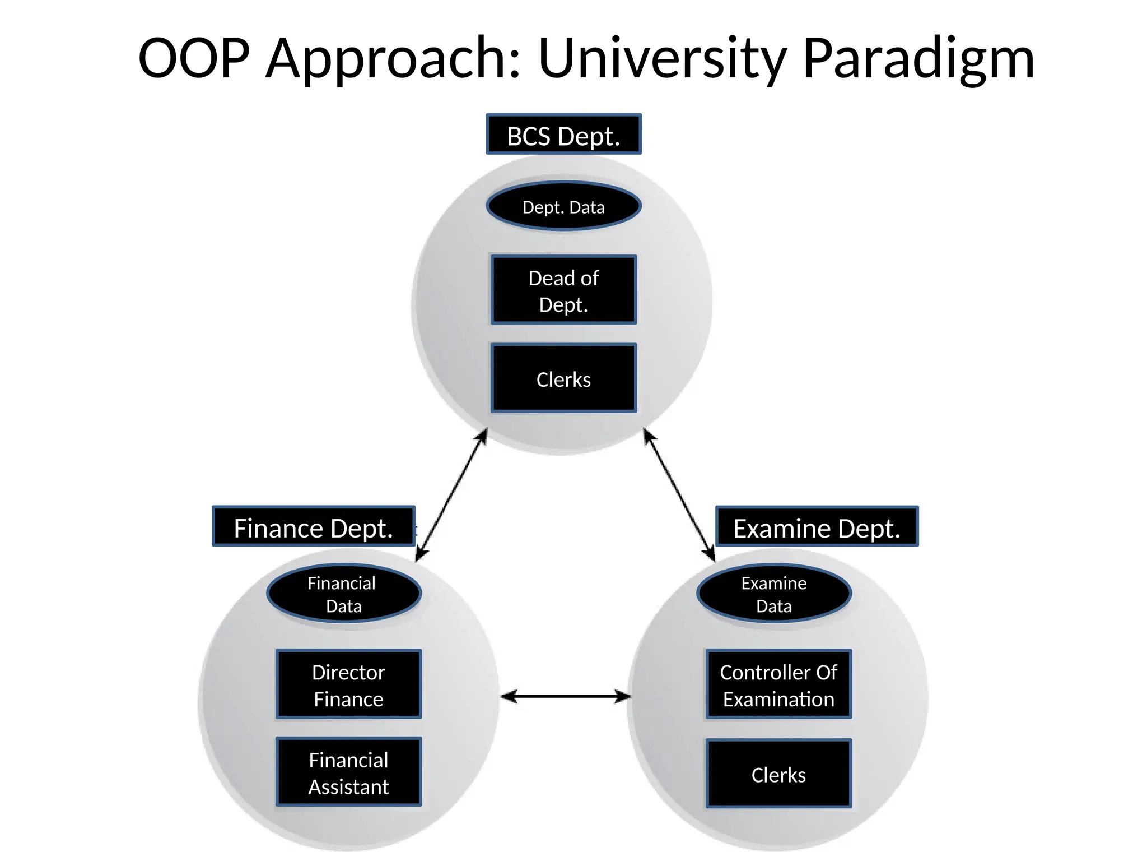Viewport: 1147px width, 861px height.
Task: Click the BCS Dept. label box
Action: (x=563, y=135)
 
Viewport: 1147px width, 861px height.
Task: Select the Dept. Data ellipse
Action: (x=563, y=206)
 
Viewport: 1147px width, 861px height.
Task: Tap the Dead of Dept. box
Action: (x=563, y=290)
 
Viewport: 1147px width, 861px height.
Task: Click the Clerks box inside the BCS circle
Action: (x=563, y=378)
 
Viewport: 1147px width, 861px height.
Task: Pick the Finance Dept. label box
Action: (x=314, y=527)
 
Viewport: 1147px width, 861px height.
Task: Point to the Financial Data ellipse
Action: (x=343, y=594)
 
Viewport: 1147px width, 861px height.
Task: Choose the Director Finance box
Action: (x=348, y=684)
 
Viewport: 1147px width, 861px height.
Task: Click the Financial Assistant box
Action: (x=348, y=772)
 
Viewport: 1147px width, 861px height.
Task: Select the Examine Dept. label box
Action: (x=817, y=527)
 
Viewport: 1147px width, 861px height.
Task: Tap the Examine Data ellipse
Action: (x=774, y=594)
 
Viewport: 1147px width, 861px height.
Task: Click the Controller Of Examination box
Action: (x=778, y=684)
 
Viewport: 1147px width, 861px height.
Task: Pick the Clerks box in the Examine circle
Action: (x=778, y=774)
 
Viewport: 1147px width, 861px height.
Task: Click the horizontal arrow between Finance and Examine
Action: (x=566, y=697)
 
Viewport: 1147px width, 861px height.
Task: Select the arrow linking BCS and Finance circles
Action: (x=451, y=494)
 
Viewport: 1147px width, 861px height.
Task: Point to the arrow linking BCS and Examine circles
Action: (x=679, y=494)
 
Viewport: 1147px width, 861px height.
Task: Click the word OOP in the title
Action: (x=194, y=58)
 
